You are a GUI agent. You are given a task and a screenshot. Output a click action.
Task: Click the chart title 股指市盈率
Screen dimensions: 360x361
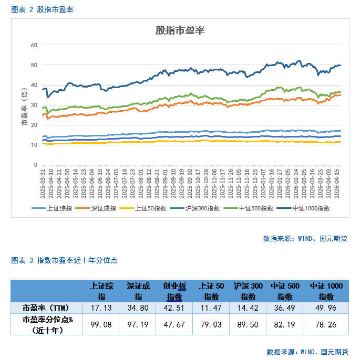[x=180, y=30]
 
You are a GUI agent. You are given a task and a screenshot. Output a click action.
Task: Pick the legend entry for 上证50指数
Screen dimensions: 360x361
[x=152, y=208]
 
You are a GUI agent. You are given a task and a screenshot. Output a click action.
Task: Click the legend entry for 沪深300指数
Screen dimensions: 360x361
[x=203, y=208]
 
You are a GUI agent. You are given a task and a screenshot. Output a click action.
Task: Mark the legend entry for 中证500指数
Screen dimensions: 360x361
[x=256, y=208]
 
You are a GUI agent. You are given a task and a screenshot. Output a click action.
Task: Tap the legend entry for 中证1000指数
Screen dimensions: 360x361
[x=312, y=208]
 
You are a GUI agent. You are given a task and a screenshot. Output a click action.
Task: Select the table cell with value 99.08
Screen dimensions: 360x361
[x=101, y=325]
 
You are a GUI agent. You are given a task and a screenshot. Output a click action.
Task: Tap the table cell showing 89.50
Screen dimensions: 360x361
[x=248, y=325]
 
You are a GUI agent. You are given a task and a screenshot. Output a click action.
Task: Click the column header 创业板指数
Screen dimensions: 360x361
[x=175, y=291]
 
